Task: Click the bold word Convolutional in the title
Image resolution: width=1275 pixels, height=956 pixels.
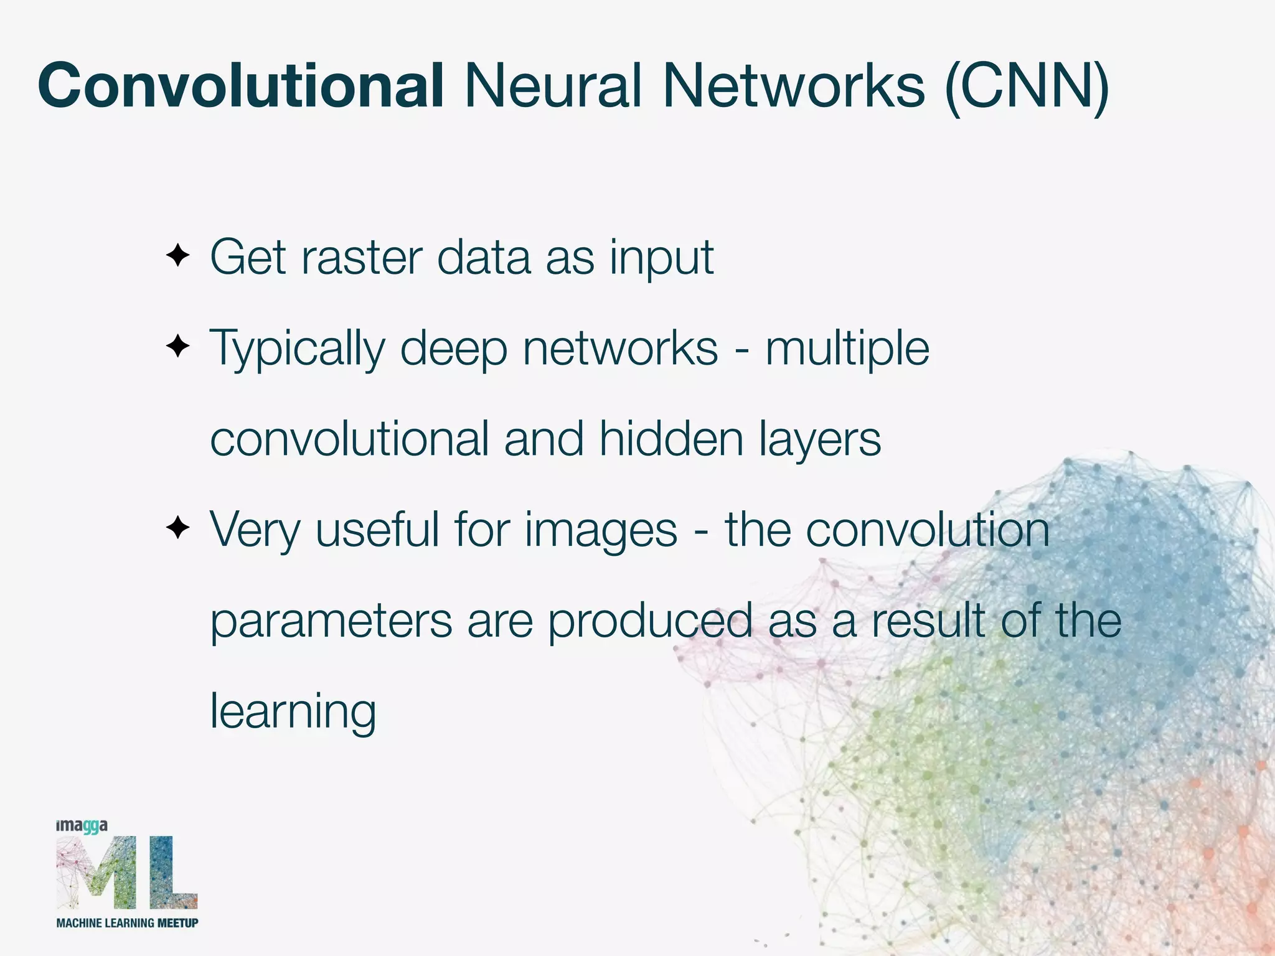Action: coord(240,86)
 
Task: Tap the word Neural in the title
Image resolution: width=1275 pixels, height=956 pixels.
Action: coord(553,86)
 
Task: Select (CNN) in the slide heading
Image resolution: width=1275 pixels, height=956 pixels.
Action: coord(1027,87)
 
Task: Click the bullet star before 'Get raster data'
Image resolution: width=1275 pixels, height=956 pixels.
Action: coord(177,255)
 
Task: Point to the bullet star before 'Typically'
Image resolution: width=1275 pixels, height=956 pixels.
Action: coord(177,346)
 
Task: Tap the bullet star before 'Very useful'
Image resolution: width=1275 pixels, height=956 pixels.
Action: coord(177,528)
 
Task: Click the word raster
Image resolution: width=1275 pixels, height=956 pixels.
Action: coord(362,258)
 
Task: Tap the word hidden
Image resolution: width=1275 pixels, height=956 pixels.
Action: coord(671,439)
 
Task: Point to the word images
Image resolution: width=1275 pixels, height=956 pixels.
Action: coord(601,531)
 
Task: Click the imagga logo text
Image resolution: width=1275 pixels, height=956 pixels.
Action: coord(82,826)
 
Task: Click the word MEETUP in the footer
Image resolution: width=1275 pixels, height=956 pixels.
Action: coord(177,923)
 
